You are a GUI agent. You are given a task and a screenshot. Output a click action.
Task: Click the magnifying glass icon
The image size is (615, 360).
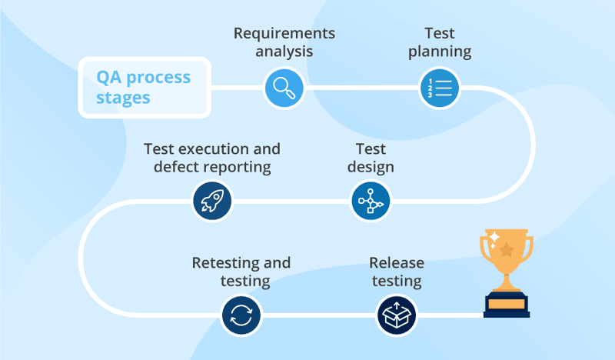pos(284,88)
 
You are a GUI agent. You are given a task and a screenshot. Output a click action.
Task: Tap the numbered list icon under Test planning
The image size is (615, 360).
pos(439,88)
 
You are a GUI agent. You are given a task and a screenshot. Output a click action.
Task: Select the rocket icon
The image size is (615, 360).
pos(212,202)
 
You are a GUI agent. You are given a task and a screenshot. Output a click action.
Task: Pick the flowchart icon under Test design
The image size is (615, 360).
pos(371,202)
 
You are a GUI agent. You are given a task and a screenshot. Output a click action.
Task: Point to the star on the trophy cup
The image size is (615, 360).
pos(506,250)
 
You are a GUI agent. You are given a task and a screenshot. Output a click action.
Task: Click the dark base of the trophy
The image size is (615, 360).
pos(506,305)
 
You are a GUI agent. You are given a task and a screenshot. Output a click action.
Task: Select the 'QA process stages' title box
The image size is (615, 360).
pos(144,88)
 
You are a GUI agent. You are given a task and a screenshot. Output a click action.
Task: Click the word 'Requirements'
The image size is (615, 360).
pos(284,34)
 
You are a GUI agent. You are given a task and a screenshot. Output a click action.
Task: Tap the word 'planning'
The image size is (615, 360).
pos(440,52)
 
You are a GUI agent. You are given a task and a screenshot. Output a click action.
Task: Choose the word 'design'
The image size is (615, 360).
pos(371,167)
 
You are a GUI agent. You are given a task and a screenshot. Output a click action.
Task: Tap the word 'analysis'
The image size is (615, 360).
pos(284,52)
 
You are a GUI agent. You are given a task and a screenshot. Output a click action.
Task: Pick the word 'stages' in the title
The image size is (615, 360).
pos(124,98)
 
